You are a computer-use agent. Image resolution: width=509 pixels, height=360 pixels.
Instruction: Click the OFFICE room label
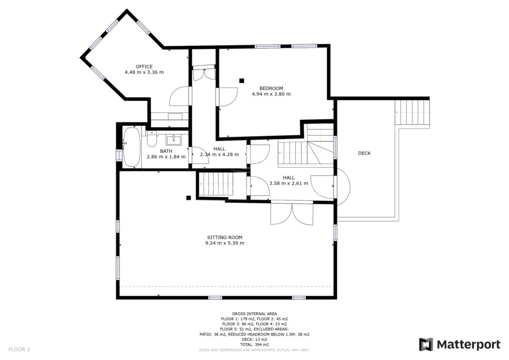[144, 67]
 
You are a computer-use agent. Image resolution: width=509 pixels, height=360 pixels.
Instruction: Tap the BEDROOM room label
[271, 89]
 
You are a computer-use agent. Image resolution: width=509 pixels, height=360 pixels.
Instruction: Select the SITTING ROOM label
[225, 237]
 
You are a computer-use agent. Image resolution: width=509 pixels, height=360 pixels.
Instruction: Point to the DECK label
[364, 153]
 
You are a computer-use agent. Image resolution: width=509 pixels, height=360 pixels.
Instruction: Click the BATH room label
[166, 151]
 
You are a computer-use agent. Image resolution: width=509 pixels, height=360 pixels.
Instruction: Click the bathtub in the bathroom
[131, 147]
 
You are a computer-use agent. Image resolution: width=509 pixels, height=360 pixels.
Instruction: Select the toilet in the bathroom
[152, 139]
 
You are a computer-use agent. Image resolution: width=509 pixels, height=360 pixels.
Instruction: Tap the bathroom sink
[173, 140]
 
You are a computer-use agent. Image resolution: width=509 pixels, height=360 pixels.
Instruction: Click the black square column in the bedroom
[242, 81]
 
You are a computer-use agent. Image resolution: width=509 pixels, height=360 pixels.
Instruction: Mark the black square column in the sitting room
[188, 198]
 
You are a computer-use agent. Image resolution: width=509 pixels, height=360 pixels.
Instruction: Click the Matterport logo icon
[426, 345]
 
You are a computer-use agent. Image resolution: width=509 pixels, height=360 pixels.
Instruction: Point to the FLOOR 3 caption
[19, 350]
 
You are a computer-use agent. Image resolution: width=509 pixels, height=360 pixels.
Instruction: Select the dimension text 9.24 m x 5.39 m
[225, 243]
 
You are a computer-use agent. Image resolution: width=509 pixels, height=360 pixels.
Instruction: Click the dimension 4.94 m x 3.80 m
[271, 94]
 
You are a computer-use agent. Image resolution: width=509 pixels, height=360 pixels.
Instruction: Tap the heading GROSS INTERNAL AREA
[254, 314]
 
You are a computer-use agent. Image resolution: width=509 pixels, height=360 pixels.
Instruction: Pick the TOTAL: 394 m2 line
[254, 345]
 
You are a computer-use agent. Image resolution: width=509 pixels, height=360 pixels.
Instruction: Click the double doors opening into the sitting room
[292, 214]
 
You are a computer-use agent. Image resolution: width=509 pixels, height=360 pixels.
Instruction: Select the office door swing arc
[179, 95]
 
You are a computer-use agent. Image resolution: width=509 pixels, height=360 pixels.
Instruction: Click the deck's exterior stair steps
[412, 112]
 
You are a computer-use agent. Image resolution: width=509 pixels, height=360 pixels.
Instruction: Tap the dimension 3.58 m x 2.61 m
[289, 183]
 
